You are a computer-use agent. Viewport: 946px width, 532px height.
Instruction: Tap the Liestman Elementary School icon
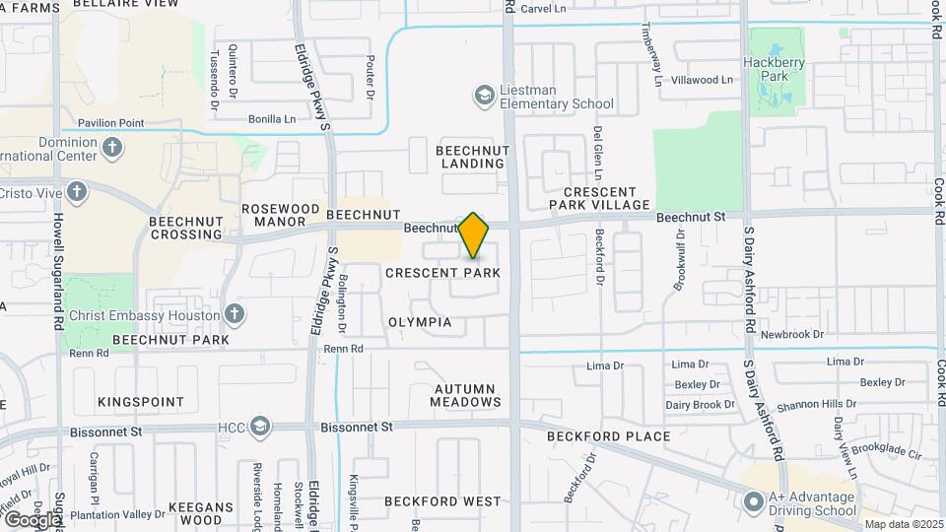484,96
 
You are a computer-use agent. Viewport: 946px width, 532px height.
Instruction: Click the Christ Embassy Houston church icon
234,314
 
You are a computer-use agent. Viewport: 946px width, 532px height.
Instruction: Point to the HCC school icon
259,427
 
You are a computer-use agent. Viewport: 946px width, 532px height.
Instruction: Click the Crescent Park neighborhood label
443,272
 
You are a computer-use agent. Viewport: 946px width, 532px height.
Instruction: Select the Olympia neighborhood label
420,322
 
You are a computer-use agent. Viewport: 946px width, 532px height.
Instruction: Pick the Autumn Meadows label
467,395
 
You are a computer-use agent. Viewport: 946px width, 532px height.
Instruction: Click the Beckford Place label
610,435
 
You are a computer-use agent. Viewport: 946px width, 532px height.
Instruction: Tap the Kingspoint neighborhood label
141,402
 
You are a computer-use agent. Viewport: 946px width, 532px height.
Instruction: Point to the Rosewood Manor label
281,216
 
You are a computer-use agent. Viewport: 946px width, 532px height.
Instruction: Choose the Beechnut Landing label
470,156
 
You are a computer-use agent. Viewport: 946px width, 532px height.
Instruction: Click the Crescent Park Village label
606,198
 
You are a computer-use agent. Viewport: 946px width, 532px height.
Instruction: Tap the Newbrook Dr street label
791,335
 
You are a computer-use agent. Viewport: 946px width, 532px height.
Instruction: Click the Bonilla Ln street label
271,119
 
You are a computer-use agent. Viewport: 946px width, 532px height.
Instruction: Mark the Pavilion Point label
105,123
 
